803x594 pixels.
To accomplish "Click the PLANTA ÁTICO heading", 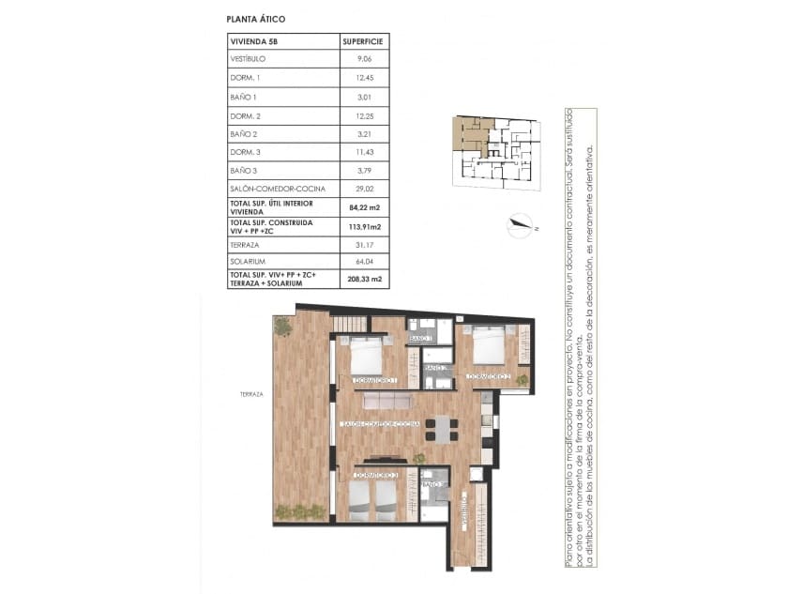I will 256,19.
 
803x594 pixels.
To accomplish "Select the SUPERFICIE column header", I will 363,42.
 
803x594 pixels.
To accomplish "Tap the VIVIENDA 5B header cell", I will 254,42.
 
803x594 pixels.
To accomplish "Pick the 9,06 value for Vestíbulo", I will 364,59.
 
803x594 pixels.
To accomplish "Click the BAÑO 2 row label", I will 243,134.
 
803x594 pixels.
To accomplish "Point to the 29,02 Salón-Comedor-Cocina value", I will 363,188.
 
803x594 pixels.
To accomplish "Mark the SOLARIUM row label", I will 246,260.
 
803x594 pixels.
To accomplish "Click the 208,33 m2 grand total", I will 363,279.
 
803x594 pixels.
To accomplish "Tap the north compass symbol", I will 517,223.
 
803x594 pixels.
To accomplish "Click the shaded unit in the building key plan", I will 469,134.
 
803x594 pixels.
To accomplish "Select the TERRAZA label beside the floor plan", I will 251,394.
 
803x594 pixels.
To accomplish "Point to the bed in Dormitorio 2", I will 487,344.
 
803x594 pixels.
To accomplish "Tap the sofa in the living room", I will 387,401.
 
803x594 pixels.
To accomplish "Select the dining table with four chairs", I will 441,429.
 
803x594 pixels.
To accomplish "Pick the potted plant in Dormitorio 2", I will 521,380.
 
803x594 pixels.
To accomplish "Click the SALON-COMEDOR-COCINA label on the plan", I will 380,425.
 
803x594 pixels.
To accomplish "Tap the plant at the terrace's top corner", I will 282,326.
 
